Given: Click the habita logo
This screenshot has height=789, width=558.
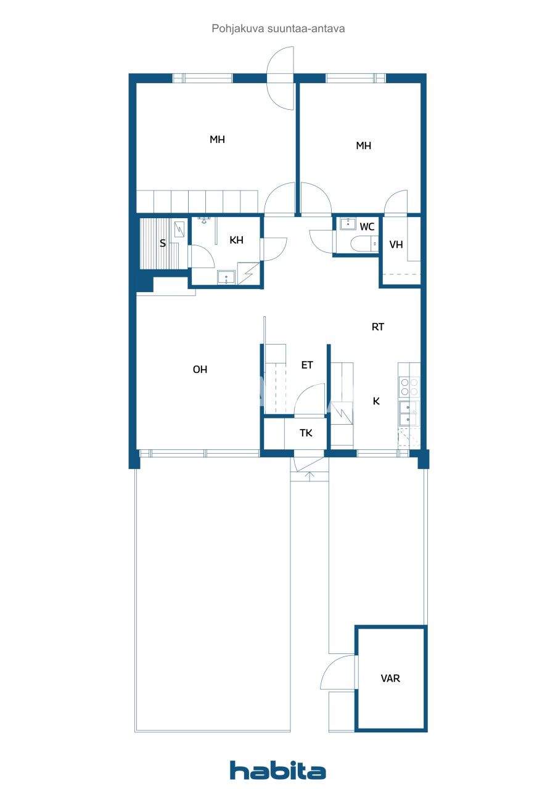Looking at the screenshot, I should tap(277, 770).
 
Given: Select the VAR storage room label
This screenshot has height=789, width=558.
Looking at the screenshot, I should tap(390, 679).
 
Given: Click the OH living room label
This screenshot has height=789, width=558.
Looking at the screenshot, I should tap(200, 370).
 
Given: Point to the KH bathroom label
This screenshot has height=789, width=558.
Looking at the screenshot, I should tap(236, 240).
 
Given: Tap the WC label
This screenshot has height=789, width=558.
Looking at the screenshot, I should tap(367, 227).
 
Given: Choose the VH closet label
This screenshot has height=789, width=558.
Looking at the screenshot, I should tap(396, 244).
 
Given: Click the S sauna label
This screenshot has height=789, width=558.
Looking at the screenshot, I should tap(163, 243).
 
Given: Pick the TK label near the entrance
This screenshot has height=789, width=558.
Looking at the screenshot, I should tap(306, 433).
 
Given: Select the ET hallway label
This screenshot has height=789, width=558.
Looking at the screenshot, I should tap(307, 365).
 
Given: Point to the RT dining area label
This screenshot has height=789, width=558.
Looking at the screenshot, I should tap(378, 327).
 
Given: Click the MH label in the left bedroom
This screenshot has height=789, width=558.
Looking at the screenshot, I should tap(217, 139).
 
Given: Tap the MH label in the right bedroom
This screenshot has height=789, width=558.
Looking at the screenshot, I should tap(364, 146).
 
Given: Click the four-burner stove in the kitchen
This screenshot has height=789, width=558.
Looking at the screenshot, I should tap(409, 386).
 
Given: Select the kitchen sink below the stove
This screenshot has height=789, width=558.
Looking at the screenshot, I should tap(408, 413).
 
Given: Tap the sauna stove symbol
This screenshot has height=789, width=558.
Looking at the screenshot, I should tap(179, 229).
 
